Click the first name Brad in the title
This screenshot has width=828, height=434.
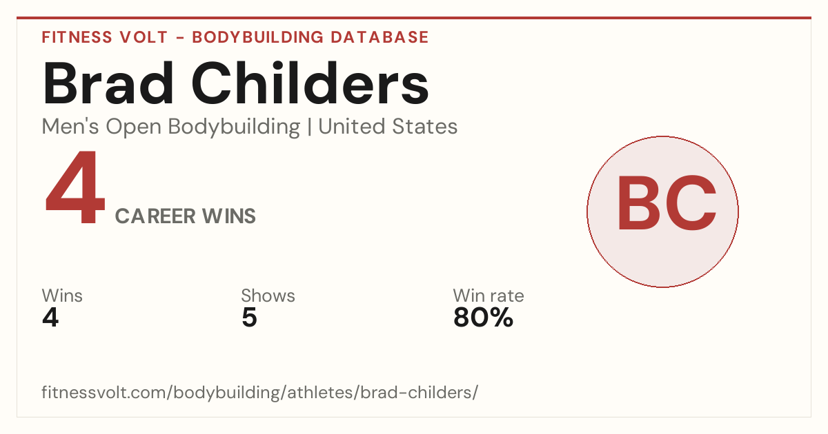(108, 83)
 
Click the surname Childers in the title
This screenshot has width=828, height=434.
(310, 83)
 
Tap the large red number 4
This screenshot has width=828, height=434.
(75, 187)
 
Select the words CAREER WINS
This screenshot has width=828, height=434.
(185, 216)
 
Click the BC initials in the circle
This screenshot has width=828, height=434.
(667, 203)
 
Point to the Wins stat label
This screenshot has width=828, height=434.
(62, 296)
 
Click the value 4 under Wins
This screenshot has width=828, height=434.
(50, 318)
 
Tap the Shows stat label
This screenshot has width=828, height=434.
(268, 296)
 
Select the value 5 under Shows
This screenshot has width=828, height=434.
(249, 318)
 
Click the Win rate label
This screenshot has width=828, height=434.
(489, 296)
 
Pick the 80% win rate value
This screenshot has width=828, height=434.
(483, 318)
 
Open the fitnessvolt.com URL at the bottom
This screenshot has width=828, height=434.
(259, 393)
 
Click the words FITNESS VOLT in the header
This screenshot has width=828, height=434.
(105, 37)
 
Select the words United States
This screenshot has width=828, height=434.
(388, 127)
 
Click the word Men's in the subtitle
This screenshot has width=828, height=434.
(70, 127)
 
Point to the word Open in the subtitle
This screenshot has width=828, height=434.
(134, 127)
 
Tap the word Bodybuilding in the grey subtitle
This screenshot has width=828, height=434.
(234, 127)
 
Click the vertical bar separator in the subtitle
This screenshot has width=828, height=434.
(309, 127)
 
